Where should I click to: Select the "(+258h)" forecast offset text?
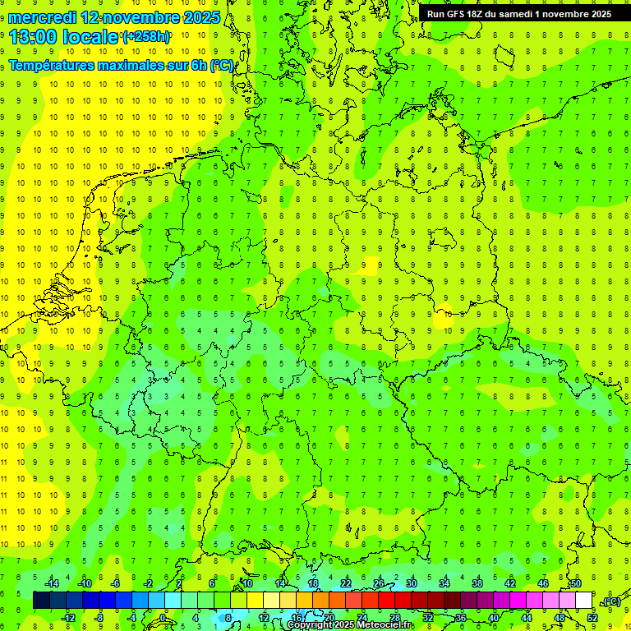146,37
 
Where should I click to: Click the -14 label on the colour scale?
52,583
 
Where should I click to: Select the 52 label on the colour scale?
592,617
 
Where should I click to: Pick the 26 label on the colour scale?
379,583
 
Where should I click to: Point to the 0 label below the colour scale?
162,617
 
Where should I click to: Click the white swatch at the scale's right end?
583,601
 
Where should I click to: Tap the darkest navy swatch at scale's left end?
41,601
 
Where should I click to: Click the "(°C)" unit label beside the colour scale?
611,602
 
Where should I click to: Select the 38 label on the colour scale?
477,583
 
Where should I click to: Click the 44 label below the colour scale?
526,617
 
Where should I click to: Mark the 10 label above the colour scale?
246,583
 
